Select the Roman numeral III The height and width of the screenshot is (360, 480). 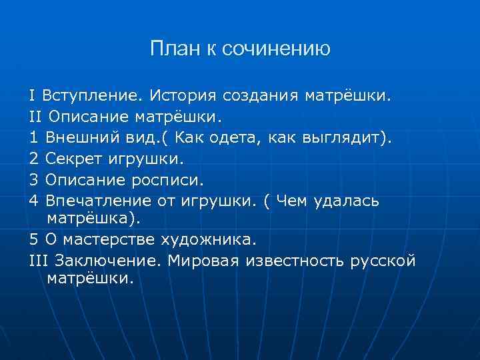[x=39, y=260]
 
